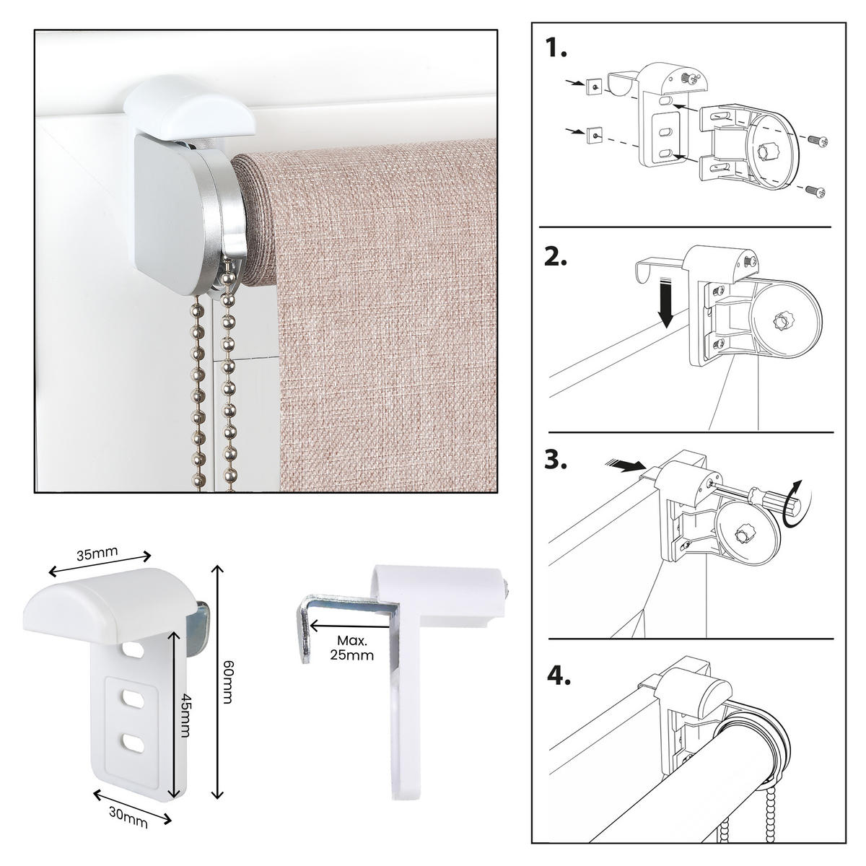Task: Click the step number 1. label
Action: coord(556,49)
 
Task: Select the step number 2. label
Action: coord(557,258)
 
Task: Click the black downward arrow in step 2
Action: coord(666,306)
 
